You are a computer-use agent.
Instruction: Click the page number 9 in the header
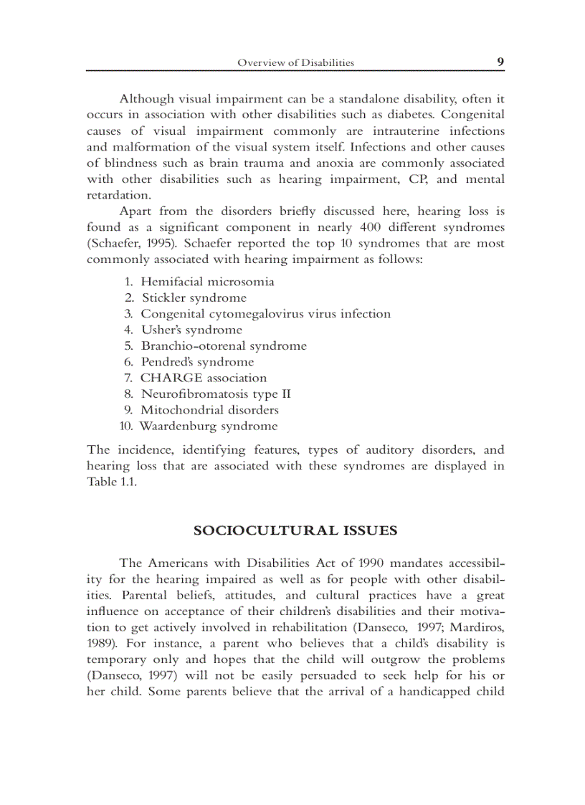[500, 62]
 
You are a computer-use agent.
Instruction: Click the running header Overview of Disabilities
[295, 63]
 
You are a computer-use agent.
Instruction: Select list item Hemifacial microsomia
[207, 282]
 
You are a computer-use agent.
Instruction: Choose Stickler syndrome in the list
[194, 297]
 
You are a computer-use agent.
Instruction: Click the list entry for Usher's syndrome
[191, 330]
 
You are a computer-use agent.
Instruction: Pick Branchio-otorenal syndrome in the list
[223, 346]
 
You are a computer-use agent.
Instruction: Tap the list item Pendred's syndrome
[197, 362]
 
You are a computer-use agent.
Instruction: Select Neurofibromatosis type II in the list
[216, 394]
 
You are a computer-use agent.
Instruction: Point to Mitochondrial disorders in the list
[209, 410]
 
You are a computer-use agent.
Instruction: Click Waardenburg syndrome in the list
[208, 426]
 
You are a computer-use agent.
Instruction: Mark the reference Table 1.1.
[111, 482]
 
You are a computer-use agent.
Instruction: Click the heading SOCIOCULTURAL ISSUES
[295, 531]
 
